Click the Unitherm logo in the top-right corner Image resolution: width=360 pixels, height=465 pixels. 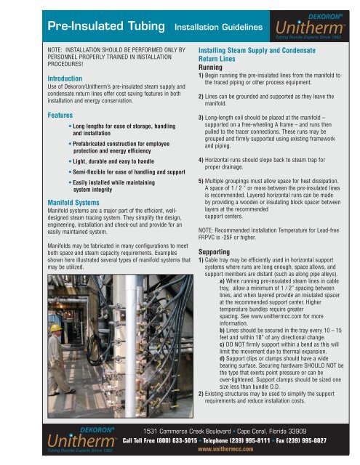coord(312,22)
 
